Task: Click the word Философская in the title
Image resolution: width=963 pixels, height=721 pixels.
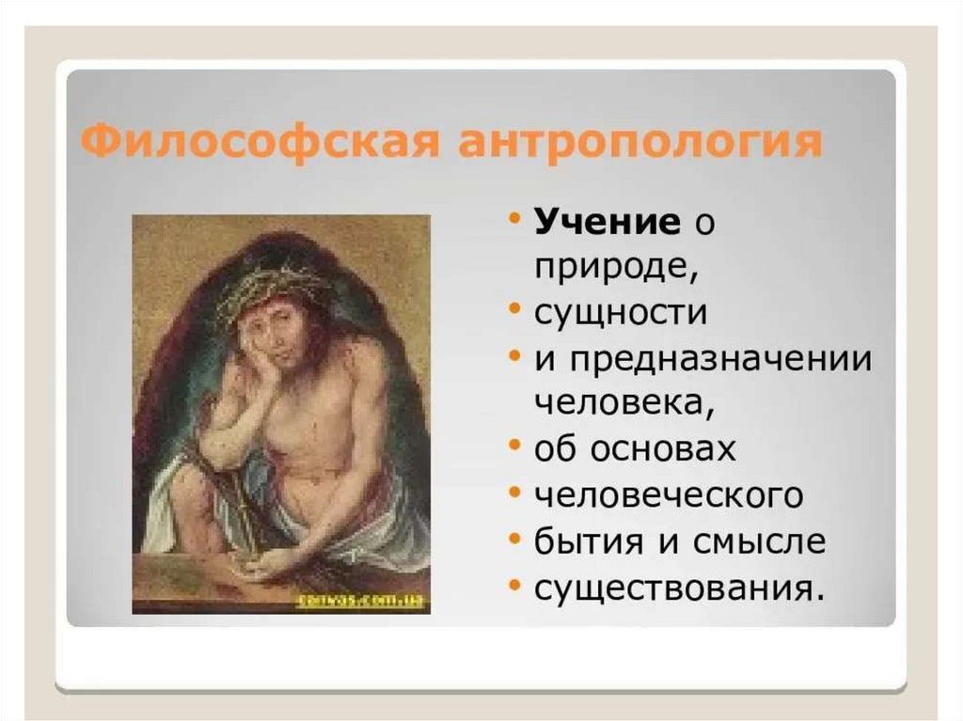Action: tap(260, 144)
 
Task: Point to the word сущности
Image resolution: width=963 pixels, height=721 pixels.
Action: tap(621, 313)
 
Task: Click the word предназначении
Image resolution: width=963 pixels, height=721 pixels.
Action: tap(720, 358)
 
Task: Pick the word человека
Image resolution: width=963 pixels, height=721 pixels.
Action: tap(624, 404)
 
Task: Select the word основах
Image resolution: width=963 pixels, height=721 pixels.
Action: tap(663, 448)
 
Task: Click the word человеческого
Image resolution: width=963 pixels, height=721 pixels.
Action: tap(669, 495)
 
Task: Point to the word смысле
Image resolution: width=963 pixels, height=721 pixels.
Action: tap(759, 541)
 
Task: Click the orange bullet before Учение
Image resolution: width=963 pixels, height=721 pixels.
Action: tap(515, 218)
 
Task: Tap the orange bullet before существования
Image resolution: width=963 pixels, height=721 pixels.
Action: tap(515, 584)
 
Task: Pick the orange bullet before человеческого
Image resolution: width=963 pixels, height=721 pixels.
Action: tap(515, 493)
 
